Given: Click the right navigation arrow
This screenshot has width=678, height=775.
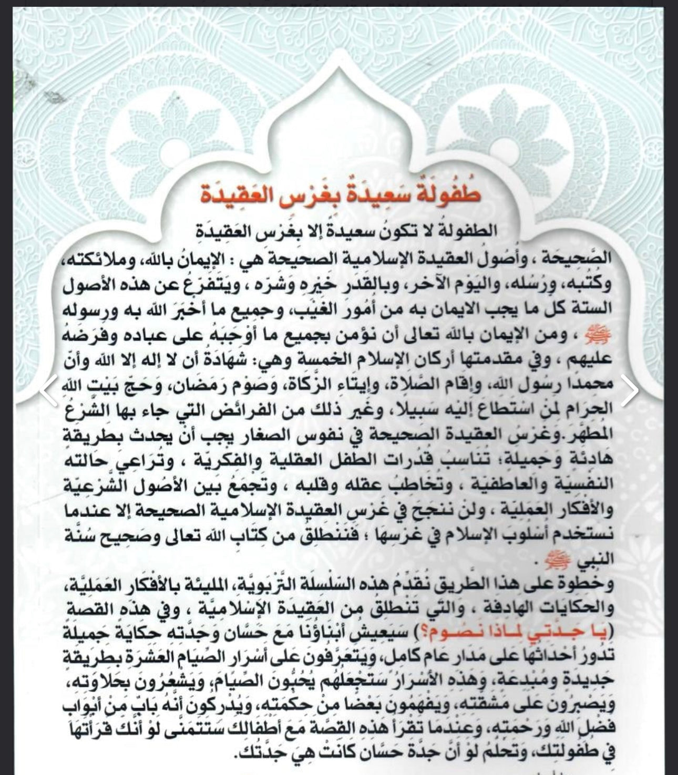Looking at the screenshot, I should tap(629, 390).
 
